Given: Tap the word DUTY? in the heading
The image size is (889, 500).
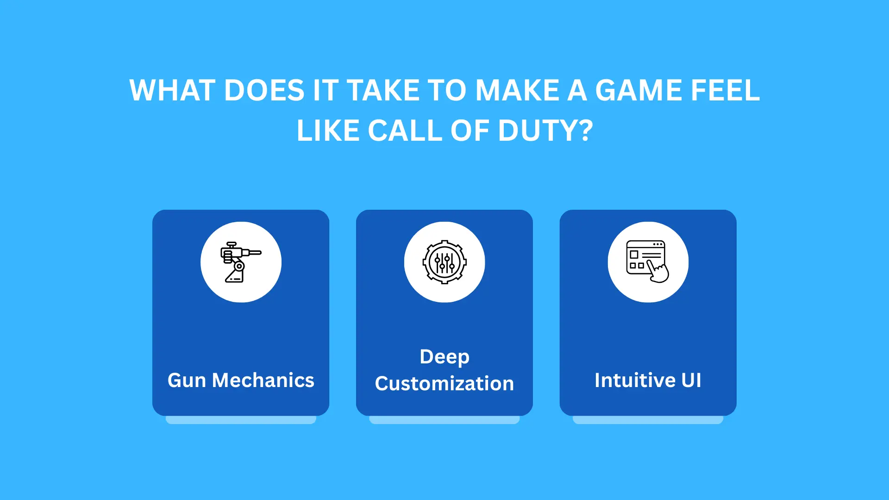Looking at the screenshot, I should pos(545,131).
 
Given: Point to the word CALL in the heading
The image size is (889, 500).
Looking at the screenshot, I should pos(405,131).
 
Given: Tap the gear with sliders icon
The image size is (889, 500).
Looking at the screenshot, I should pos(444,262).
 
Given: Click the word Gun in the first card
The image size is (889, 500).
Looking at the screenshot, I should pos(187,381).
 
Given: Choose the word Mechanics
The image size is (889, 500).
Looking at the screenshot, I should pos(263,381).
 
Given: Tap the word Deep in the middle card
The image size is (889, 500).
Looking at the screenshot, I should pos(444,357).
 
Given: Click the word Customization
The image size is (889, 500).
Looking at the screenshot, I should pos(444,384).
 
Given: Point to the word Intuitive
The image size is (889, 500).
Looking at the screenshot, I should pos(635,381).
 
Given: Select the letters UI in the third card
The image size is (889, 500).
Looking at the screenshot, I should pos(691,381).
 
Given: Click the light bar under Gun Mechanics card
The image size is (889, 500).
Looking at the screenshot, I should pos(241,420).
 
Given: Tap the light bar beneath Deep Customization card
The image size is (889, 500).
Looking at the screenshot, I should pos(444,420).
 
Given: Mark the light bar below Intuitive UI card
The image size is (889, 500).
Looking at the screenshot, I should pos(648,420).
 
